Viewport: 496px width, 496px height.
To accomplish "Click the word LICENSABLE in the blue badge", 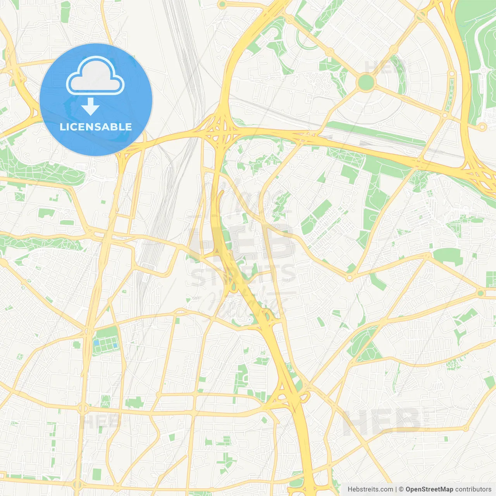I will click(96, 127).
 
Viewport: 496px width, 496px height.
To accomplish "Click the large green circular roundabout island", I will click(366, 82).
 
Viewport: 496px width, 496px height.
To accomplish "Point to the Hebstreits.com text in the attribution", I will click(370, 489).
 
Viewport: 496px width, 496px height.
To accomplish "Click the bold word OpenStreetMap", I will click(429, 489).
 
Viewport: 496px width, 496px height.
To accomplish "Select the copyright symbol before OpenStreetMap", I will click(401, 489).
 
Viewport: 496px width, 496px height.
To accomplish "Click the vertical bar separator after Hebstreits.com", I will click(396, 489).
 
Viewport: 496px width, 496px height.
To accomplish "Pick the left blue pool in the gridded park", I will click(96, 343).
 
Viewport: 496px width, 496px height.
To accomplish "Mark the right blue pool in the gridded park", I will click(115, 345).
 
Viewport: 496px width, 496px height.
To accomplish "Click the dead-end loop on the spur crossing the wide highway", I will click(482, 127).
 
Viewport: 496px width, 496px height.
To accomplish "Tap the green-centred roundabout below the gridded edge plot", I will click(481, 293).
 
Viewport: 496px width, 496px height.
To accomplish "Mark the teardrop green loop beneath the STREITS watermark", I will click(234, 287).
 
